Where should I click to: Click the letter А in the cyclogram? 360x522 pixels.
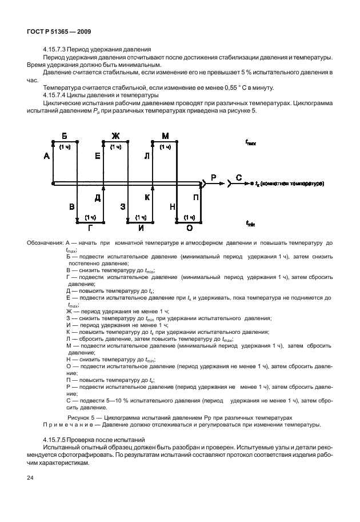(46, 156)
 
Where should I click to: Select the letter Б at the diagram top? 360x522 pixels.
(65, 136)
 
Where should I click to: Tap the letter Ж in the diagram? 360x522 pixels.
(115, 136)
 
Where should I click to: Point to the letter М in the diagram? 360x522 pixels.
(166, 136)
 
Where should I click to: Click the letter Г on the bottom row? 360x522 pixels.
(89, 228)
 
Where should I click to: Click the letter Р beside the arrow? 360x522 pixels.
(214, 178)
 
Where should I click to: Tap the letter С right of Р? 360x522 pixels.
(239, 178)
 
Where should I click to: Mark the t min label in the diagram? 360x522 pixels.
(250, 224)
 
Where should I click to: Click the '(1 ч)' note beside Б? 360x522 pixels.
(65, 147)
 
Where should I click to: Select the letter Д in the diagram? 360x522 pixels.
(98, 197)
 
